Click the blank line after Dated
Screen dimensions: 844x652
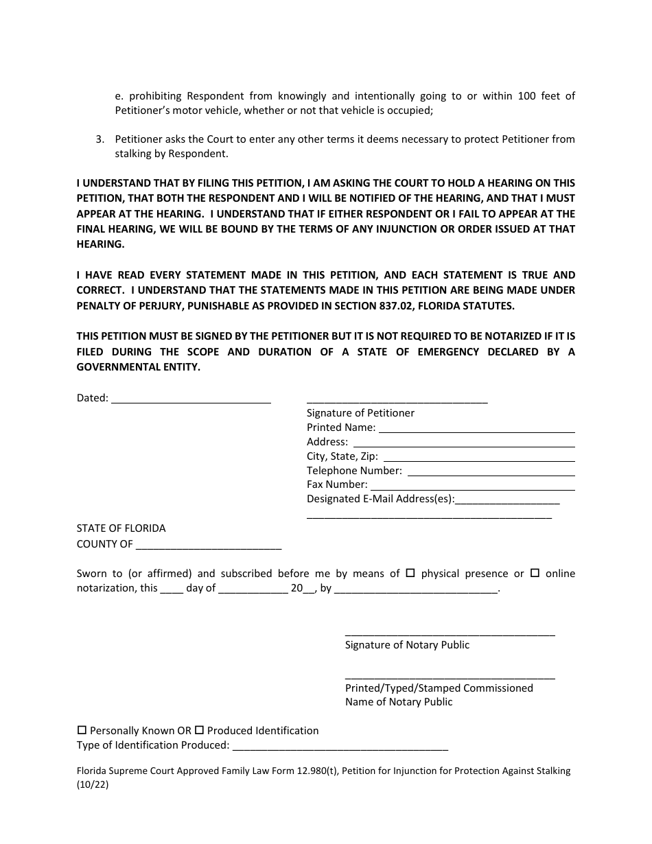click(191, 398)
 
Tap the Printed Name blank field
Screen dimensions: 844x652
click(476, 427)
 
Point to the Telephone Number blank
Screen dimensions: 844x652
click(491, 471)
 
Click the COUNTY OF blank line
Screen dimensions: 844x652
click(209, 544)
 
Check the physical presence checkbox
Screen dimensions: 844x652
click(411, 573)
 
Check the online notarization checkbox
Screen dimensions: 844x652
click(535, 573)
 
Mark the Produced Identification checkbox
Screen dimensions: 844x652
click(200, 731)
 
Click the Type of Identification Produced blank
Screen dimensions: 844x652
click(340, 746)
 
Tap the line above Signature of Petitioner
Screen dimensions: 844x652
click(397, 401)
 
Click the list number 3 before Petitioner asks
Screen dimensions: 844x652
click(100, 139)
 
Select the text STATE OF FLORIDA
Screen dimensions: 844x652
click(121, 528)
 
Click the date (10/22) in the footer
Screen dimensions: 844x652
click(93, 786)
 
